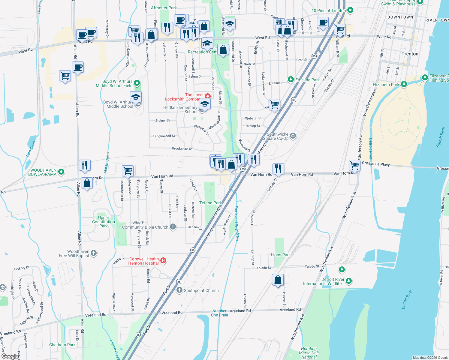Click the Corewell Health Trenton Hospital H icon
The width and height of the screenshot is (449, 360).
163,260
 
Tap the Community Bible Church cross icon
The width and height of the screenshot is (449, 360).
173,227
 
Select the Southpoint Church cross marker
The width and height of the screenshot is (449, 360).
179,290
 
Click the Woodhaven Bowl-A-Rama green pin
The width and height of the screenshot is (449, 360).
61,172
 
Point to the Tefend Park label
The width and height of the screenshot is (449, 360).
210,203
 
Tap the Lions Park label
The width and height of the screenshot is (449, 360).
281,255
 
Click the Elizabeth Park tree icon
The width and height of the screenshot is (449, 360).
404,84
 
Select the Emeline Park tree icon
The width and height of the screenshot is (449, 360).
291,79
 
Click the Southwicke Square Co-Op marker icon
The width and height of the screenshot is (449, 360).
293,136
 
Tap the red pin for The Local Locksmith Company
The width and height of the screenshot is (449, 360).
208,96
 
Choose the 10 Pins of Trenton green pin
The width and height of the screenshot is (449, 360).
350,10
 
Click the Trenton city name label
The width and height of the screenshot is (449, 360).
410,54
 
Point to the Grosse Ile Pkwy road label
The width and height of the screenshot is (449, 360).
376,163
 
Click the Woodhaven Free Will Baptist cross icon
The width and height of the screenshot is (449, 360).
94,253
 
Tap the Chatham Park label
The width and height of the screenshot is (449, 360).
62,345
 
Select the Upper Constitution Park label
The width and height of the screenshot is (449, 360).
104,222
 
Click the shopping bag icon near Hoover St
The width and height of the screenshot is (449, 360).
278,280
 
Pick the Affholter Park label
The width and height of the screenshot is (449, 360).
164,8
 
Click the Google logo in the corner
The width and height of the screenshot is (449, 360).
10,356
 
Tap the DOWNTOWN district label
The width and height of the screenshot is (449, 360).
400,17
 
